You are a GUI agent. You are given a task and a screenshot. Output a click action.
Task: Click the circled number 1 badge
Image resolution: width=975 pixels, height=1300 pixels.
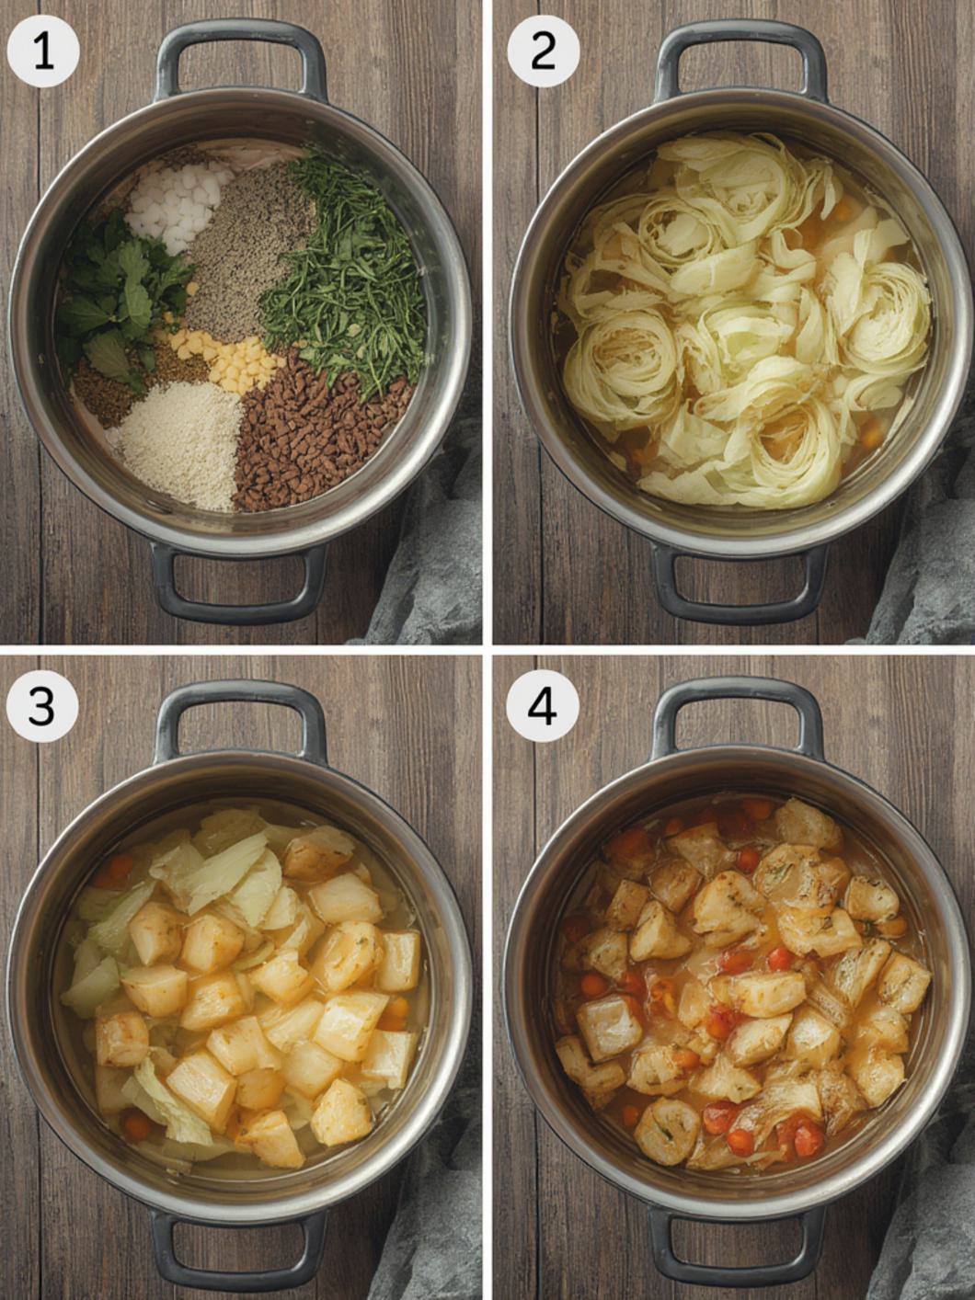pos(42,51)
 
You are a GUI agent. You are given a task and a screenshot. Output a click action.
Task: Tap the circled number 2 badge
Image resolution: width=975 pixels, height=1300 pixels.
pos(543,51)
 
